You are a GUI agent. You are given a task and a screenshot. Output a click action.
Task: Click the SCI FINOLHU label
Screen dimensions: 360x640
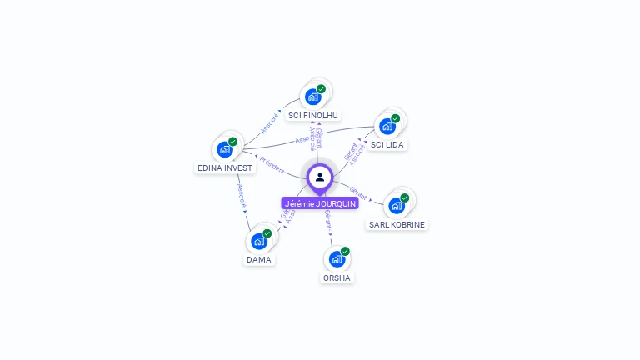(314, 115)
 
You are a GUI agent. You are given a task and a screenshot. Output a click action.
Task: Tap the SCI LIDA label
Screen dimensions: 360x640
(387, 145)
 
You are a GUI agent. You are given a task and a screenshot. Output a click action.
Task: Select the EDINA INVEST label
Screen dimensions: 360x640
(224, 168)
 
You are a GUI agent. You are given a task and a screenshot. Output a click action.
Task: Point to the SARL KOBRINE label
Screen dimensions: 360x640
(397, 225)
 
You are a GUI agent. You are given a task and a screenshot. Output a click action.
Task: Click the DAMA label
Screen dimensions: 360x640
(258, 260)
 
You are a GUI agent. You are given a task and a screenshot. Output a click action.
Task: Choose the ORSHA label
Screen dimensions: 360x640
(337, 277)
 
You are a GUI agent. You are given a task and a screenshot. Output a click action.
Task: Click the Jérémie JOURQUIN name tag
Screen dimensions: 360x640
(320, 203)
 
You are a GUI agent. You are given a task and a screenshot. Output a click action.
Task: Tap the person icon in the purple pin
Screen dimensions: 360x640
(320, 177)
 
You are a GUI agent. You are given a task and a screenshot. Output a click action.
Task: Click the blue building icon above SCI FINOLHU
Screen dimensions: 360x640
(312, 96)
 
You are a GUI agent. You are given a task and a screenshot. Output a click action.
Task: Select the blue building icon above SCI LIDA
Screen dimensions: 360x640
(387, 126)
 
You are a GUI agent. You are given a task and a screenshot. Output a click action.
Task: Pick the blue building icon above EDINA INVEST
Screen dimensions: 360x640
(224, 149)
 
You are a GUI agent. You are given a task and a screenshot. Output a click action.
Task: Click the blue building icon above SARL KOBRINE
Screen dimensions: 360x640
(396, 205)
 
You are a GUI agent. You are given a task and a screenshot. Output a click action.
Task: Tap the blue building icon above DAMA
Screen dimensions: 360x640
(258, 241)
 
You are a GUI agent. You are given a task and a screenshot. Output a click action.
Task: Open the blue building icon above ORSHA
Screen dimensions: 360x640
(337, 258)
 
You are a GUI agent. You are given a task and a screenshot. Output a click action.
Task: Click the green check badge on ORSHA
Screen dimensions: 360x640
(345, 251)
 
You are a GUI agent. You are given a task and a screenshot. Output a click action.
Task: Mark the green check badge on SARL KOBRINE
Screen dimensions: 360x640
(404, 197)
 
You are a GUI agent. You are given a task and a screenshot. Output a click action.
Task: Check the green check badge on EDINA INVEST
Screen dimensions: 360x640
(232, 142)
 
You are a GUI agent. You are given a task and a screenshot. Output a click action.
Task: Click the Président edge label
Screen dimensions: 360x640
(272, 164)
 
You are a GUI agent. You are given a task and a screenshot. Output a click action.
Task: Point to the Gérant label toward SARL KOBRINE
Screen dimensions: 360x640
(359, 192)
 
